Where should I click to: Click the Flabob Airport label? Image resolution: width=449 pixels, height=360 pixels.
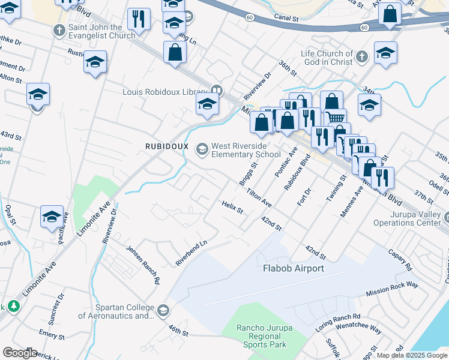click(x=293, y=268)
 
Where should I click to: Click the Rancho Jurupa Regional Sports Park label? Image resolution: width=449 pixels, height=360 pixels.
click(x=261, y=336)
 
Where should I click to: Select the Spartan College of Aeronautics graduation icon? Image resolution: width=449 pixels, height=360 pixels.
click(x=164, y=311)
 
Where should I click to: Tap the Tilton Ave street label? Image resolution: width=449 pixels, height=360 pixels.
click(x=259, y=197)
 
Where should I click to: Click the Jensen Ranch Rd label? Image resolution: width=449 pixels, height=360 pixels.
click(x=143, y=264)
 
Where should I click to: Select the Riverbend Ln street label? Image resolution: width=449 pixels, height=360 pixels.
click(x=191, y=254)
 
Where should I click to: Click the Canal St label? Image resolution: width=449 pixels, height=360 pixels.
click(x=286, y=19)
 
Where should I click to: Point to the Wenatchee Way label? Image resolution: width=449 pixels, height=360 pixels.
click(x=358, y=329)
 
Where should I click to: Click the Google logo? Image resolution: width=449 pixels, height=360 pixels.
click(x=20, y=353)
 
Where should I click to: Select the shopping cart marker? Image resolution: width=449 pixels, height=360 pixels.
click(x=336, y=119)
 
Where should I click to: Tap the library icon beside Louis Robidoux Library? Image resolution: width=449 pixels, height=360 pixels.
click(x=216, y=92)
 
